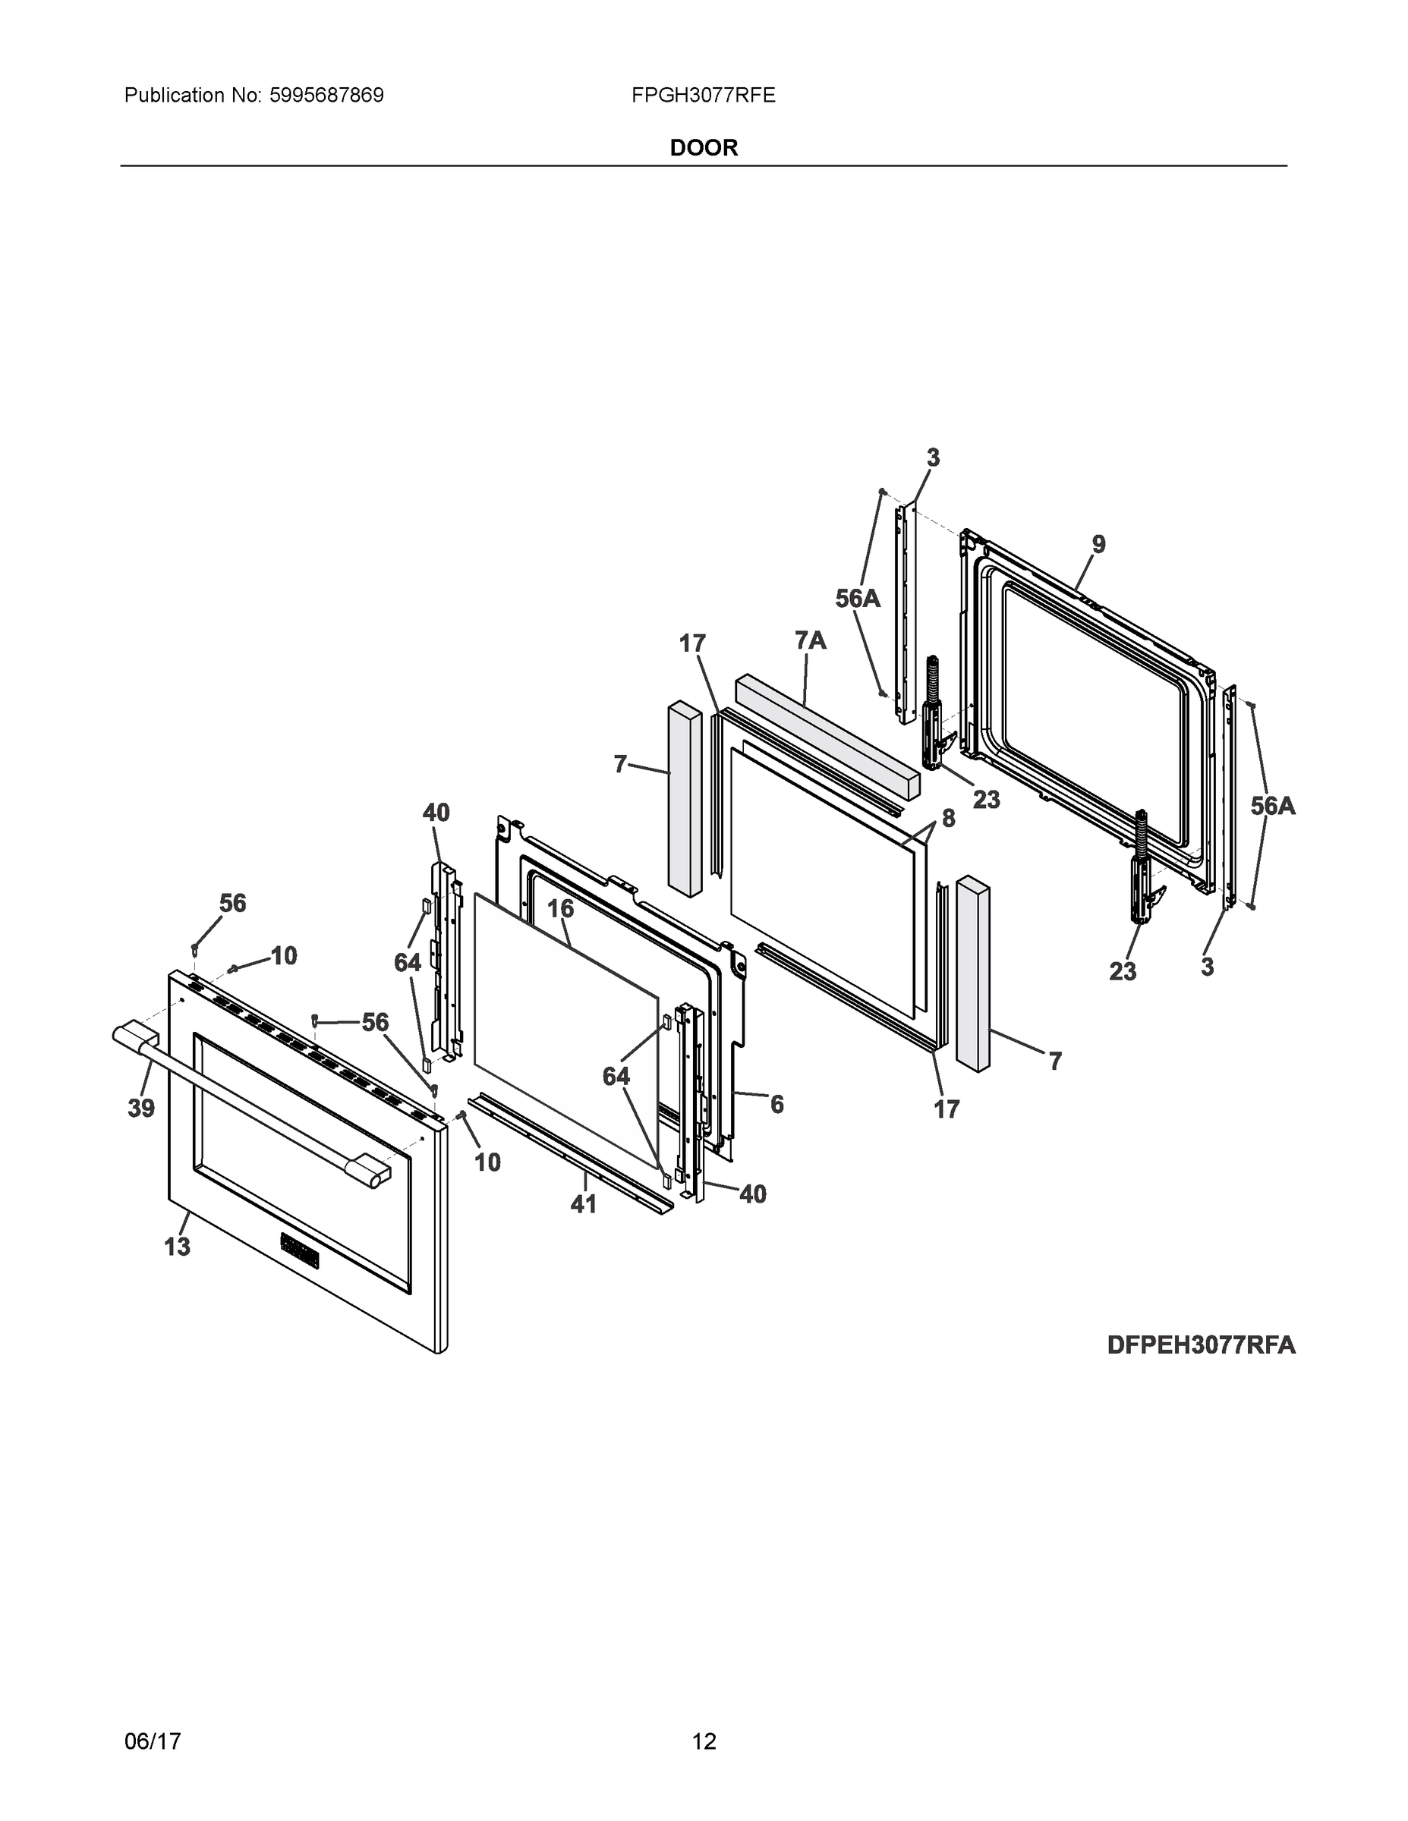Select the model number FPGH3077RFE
tap(703, 95)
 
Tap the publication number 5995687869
tap(326, 95)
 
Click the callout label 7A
tap(810, 640)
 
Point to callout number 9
tap(1098, 545)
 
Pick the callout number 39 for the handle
tap(141, 1108)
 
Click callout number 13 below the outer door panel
tap(177, 1247)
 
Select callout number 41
tap(583, 1204)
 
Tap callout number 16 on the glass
tap(560, 909)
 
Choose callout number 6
tap(776, 1105)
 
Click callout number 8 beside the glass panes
tap(948, 819)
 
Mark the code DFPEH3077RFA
tap(1201, 1345)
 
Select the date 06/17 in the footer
tap(153, 1741)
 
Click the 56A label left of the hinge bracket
tap(858, 598)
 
